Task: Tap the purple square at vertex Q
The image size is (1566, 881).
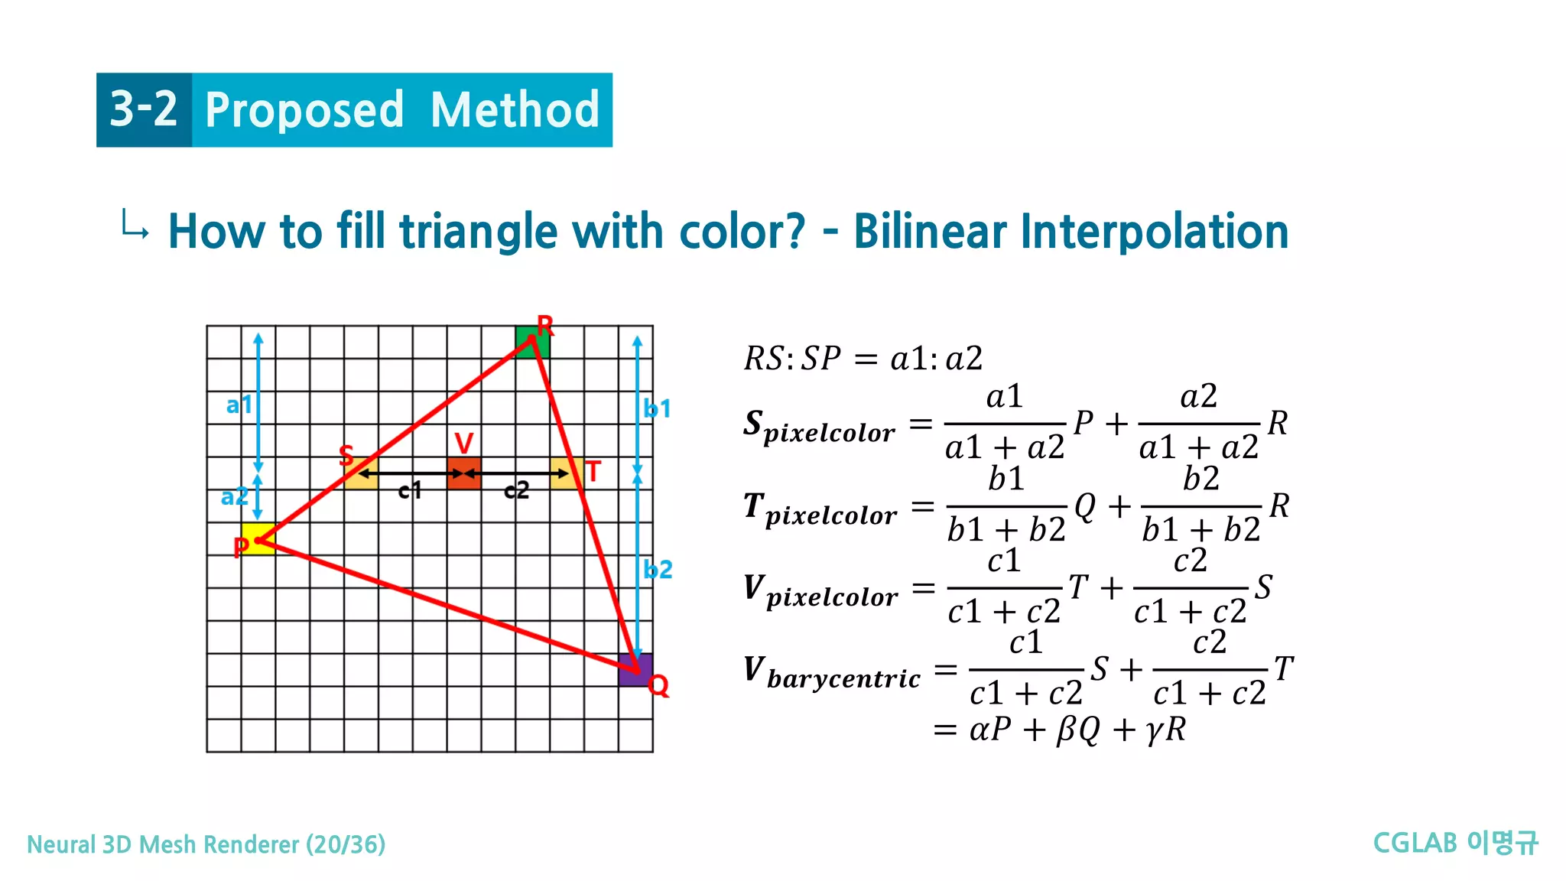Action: click(x=635, y=670)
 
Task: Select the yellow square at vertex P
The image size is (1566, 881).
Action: click(x=258, y=538)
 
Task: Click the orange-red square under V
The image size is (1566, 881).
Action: click(x=463, y=473)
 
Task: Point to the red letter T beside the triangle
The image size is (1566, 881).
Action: click(x=593, y=472)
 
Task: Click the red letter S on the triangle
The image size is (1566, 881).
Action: click(x=346, y=456)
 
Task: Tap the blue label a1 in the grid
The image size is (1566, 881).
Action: click(x=239, y=405)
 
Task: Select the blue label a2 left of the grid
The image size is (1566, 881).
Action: click(x=234, y=497)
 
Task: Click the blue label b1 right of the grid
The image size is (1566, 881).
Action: click(x=657, y=408)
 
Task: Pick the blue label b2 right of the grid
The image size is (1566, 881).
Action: click(x=658, y=570)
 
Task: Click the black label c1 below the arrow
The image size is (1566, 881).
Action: click(x=410, y=490)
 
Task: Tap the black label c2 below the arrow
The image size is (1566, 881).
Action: click(x=516, y=490)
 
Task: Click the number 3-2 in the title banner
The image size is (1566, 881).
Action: click(x=144, y=109)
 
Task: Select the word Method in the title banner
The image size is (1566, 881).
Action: click(x=515, y=110)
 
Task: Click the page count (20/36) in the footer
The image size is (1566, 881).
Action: click(x=346, y=844)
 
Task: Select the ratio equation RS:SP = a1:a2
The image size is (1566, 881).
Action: click(x=863, y=358)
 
